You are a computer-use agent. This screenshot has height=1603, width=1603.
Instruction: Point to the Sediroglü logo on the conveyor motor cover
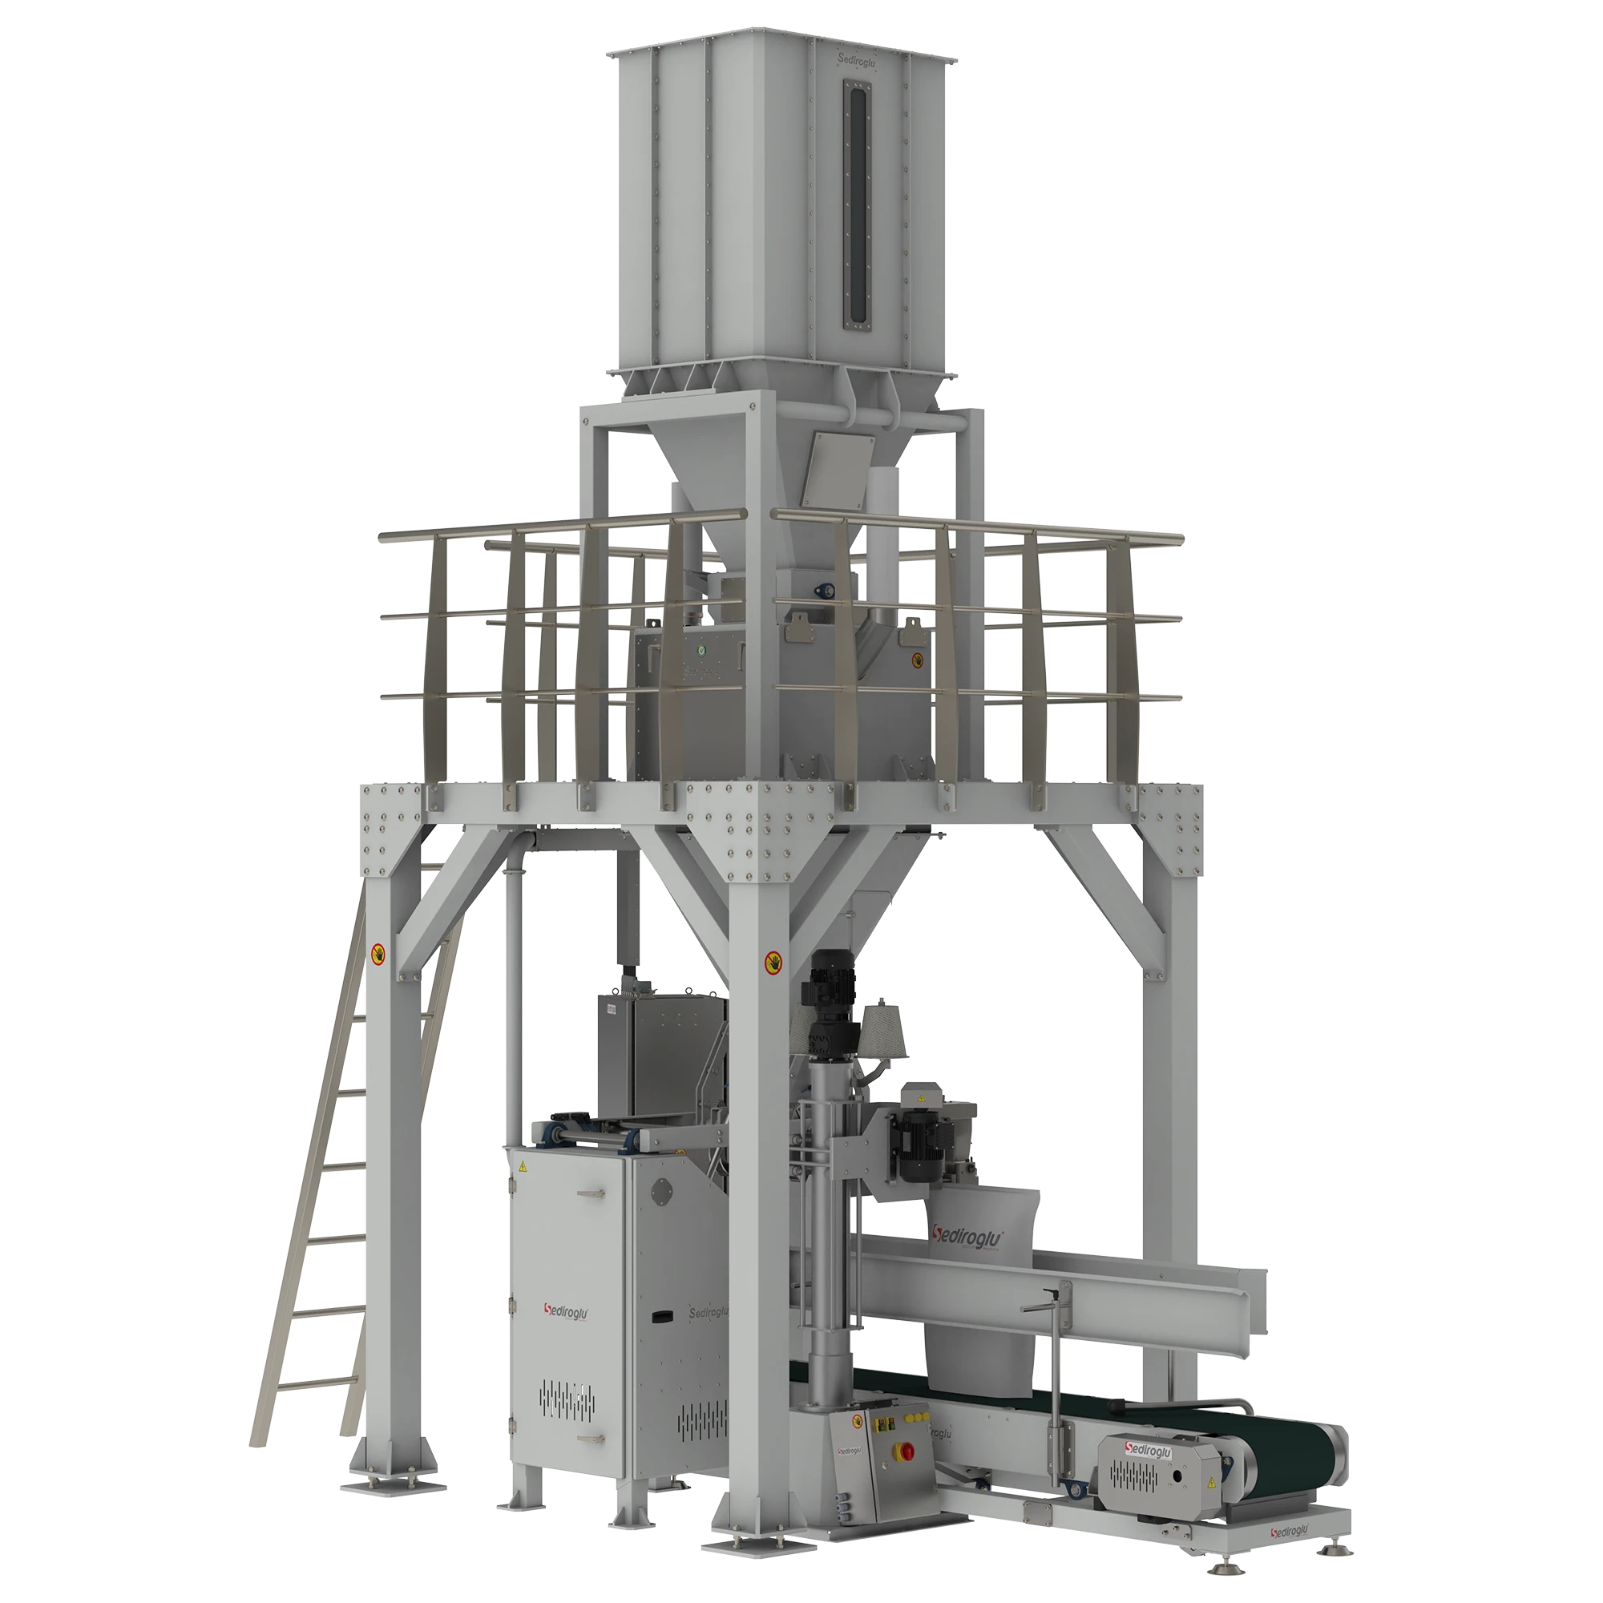click(1149, 1448)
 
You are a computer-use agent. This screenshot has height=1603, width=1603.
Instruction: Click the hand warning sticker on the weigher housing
click(919, 660)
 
